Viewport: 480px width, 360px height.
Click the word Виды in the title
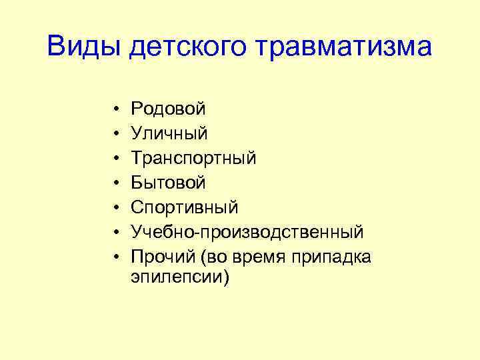(x=84, y=47)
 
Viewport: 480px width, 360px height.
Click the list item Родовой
(x=169, y=108)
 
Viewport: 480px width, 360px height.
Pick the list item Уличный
(x=169, y=133)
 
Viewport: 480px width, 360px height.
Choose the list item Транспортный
(x=193, y=158)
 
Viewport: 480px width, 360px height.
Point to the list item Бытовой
(x=169, y=183)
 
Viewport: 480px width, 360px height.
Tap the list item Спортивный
(x=185, y=207)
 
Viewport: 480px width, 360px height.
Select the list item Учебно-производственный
(x=247, y=232)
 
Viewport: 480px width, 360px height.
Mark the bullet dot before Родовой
(x=116, y=109)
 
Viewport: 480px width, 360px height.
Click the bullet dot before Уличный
(x=116, y=133)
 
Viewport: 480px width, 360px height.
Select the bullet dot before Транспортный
(x=116, y=158)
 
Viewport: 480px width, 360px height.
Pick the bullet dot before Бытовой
(x=116, y=183)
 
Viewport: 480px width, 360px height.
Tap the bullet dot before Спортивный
(x=116, y=207)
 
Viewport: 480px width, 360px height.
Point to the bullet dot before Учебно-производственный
(x=116, y=232)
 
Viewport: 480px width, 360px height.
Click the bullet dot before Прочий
(x=116, y=257)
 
